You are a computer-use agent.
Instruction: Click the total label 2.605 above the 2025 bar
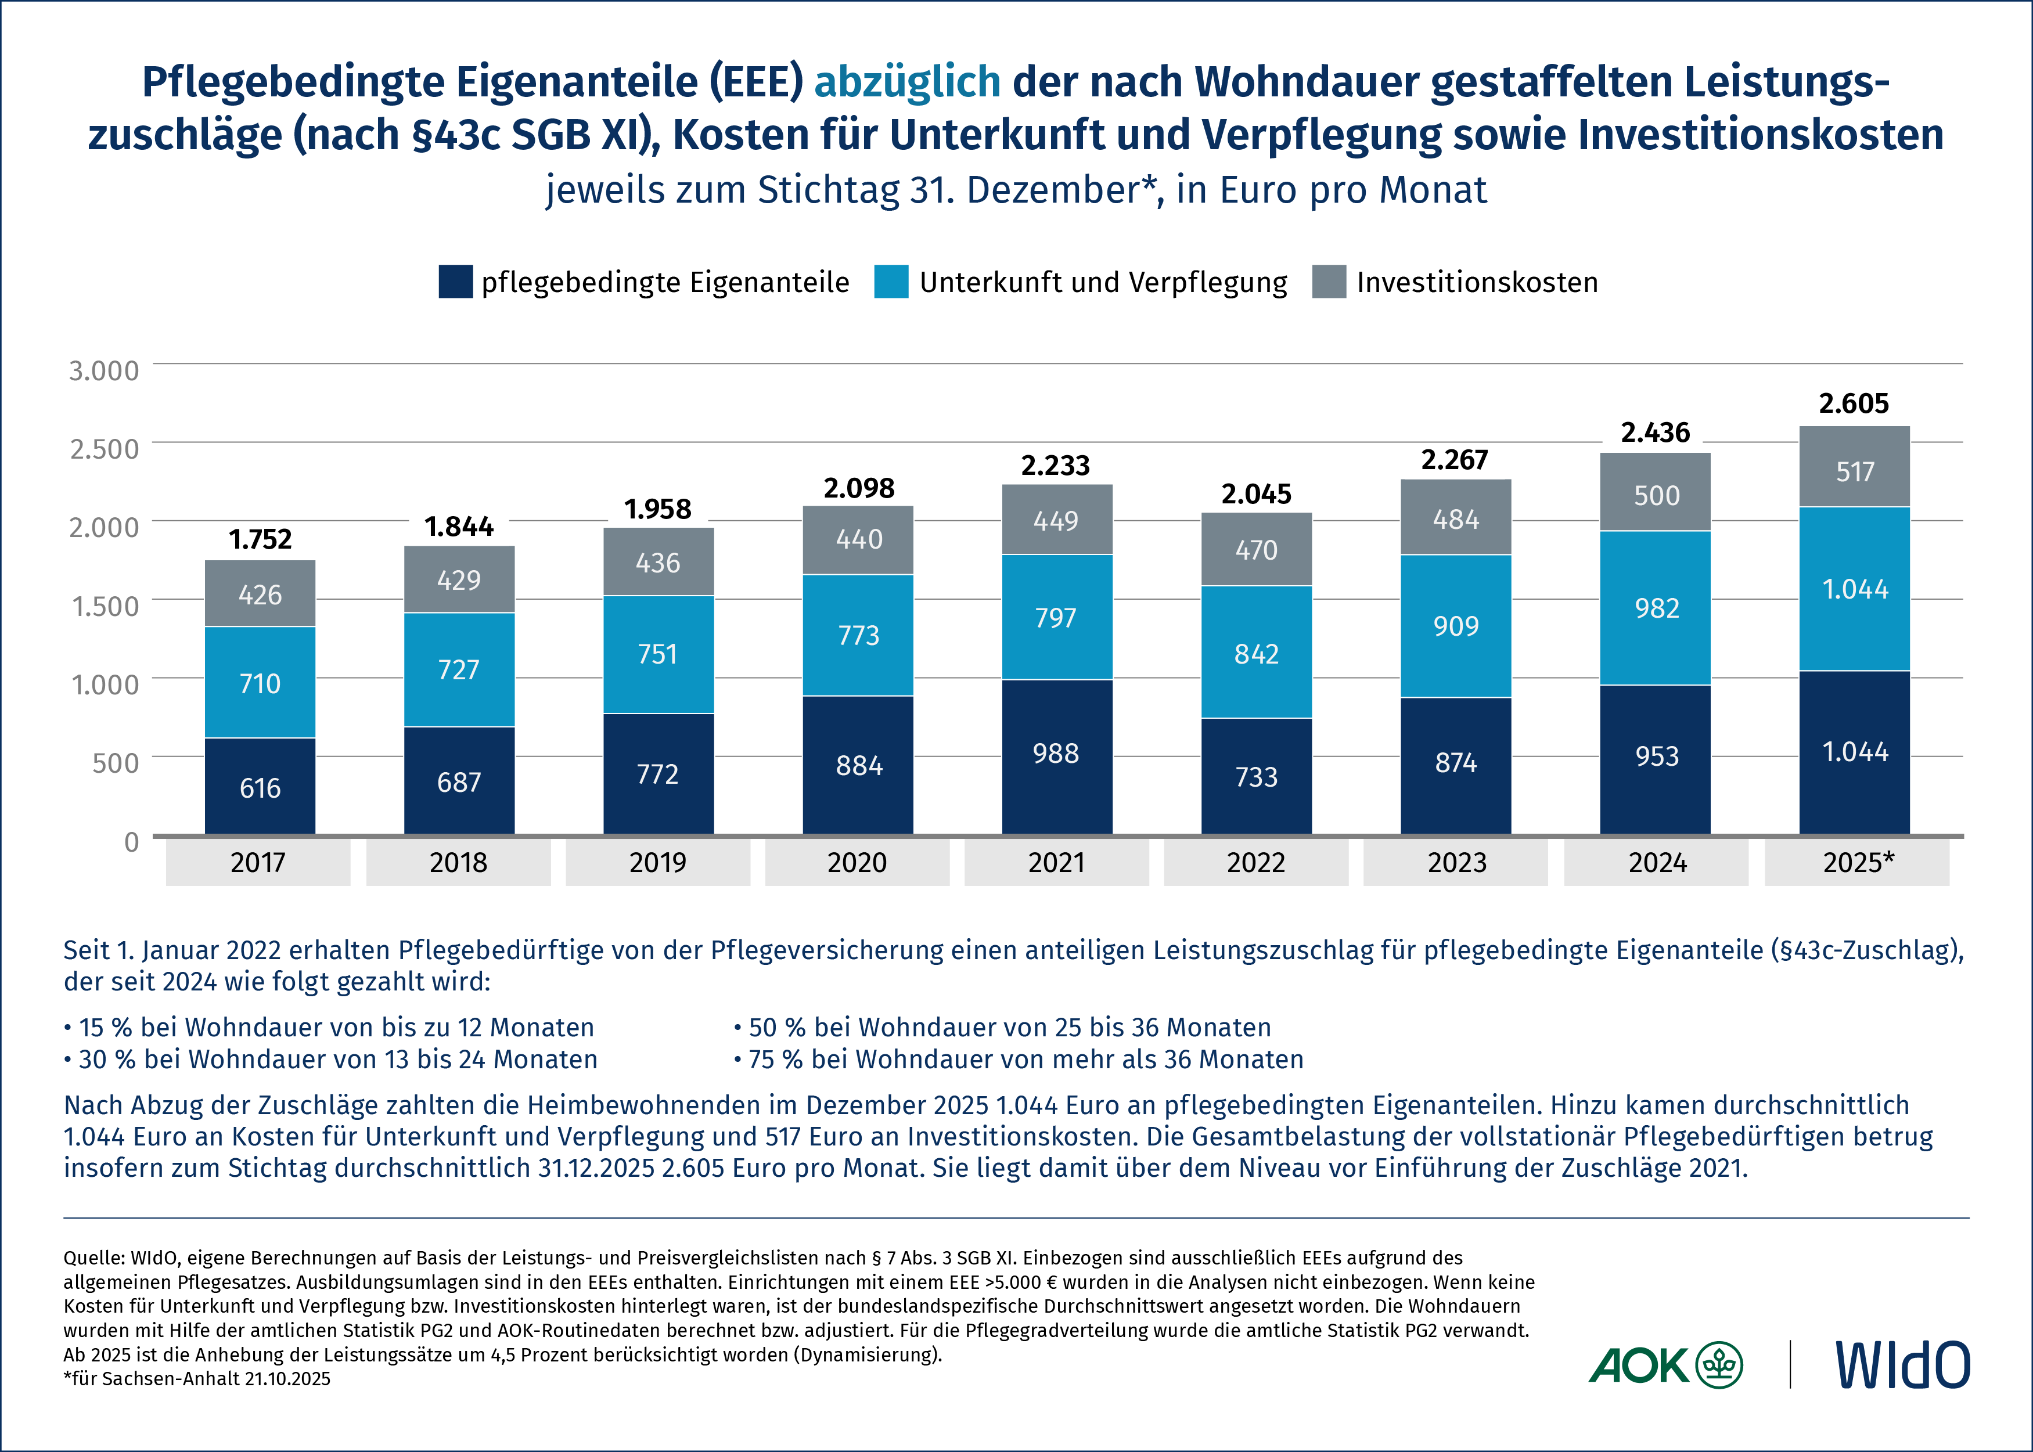[1854, 403]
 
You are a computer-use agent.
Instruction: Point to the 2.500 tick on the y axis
[105, 449]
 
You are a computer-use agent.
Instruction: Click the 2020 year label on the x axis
[857, 863]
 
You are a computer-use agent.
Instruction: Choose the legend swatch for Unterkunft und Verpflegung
[891, 282]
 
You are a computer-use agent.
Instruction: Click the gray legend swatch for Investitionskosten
[1329, 282]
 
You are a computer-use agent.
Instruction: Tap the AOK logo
[1665, 1364]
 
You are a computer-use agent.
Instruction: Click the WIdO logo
[1902, 1364]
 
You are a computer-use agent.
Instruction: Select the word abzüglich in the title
[906, 81]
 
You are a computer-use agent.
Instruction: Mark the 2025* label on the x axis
[1858, 863]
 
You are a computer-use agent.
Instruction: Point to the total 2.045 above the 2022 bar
[1256, 493]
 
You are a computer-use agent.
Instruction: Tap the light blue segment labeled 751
[658, 654]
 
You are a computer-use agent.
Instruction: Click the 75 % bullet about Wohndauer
[1019, 1060]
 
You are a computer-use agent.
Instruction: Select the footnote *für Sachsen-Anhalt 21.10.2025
[197, 1379]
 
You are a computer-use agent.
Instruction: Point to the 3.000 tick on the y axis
[105, 370]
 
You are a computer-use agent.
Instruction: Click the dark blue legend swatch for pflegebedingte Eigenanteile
[455, 282]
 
